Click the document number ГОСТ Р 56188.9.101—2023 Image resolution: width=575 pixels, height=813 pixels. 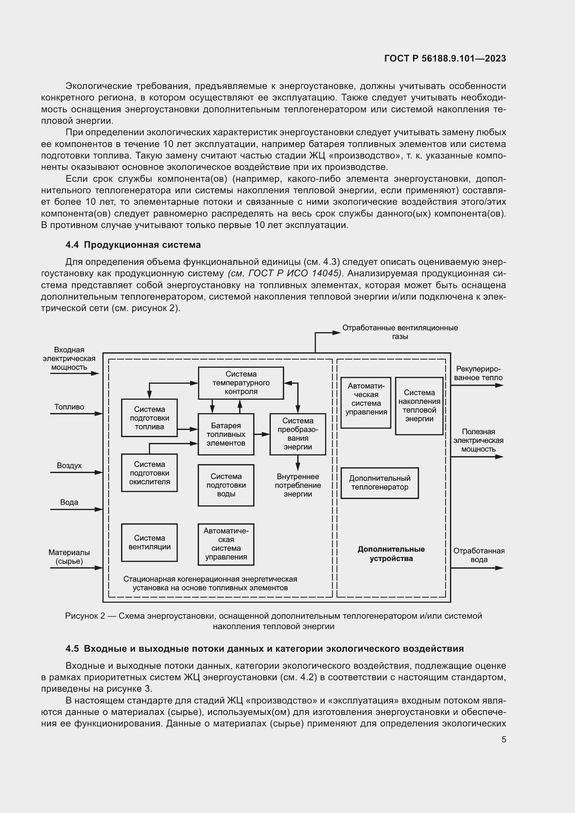click(x=445, y=58)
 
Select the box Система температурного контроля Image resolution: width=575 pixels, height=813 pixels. click(x=241, y=383)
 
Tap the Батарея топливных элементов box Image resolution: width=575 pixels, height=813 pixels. click(x=226, y=434)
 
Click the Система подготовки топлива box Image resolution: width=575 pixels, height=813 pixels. click(x=149, y=418)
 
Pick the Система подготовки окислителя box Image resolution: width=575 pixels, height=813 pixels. click(x=149, y=473)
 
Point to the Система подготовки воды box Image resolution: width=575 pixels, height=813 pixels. click(x=226, y=485)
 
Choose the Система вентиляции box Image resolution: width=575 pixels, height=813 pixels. click(x=149, y=542)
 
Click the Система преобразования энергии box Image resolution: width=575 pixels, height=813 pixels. click(x=298, y=434)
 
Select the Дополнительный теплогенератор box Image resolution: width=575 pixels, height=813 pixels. click(x=380, y=483)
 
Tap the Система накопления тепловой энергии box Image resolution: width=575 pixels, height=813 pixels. click(x=419, y=406)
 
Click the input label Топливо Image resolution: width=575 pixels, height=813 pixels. click(x=69, y=407)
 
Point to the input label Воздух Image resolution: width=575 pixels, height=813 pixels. click(x=69, y=466)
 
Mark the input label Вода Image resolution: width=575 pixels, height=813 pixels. click(x=69, y=502)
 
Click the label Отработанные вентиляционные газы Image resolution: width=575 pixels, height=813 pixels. click(x=400, y=332)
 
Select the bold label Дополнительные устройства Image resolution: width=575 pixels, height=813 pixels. click(x=391, y=554)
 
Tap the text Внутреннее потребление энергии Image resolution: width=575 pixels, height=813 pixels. click(x=298, y=485)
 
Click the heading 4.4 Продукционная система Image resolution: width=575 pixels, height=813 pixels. click(x=133, y=245)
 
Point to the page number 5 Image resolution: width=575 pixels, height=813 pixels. click(x=503, y=739)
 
